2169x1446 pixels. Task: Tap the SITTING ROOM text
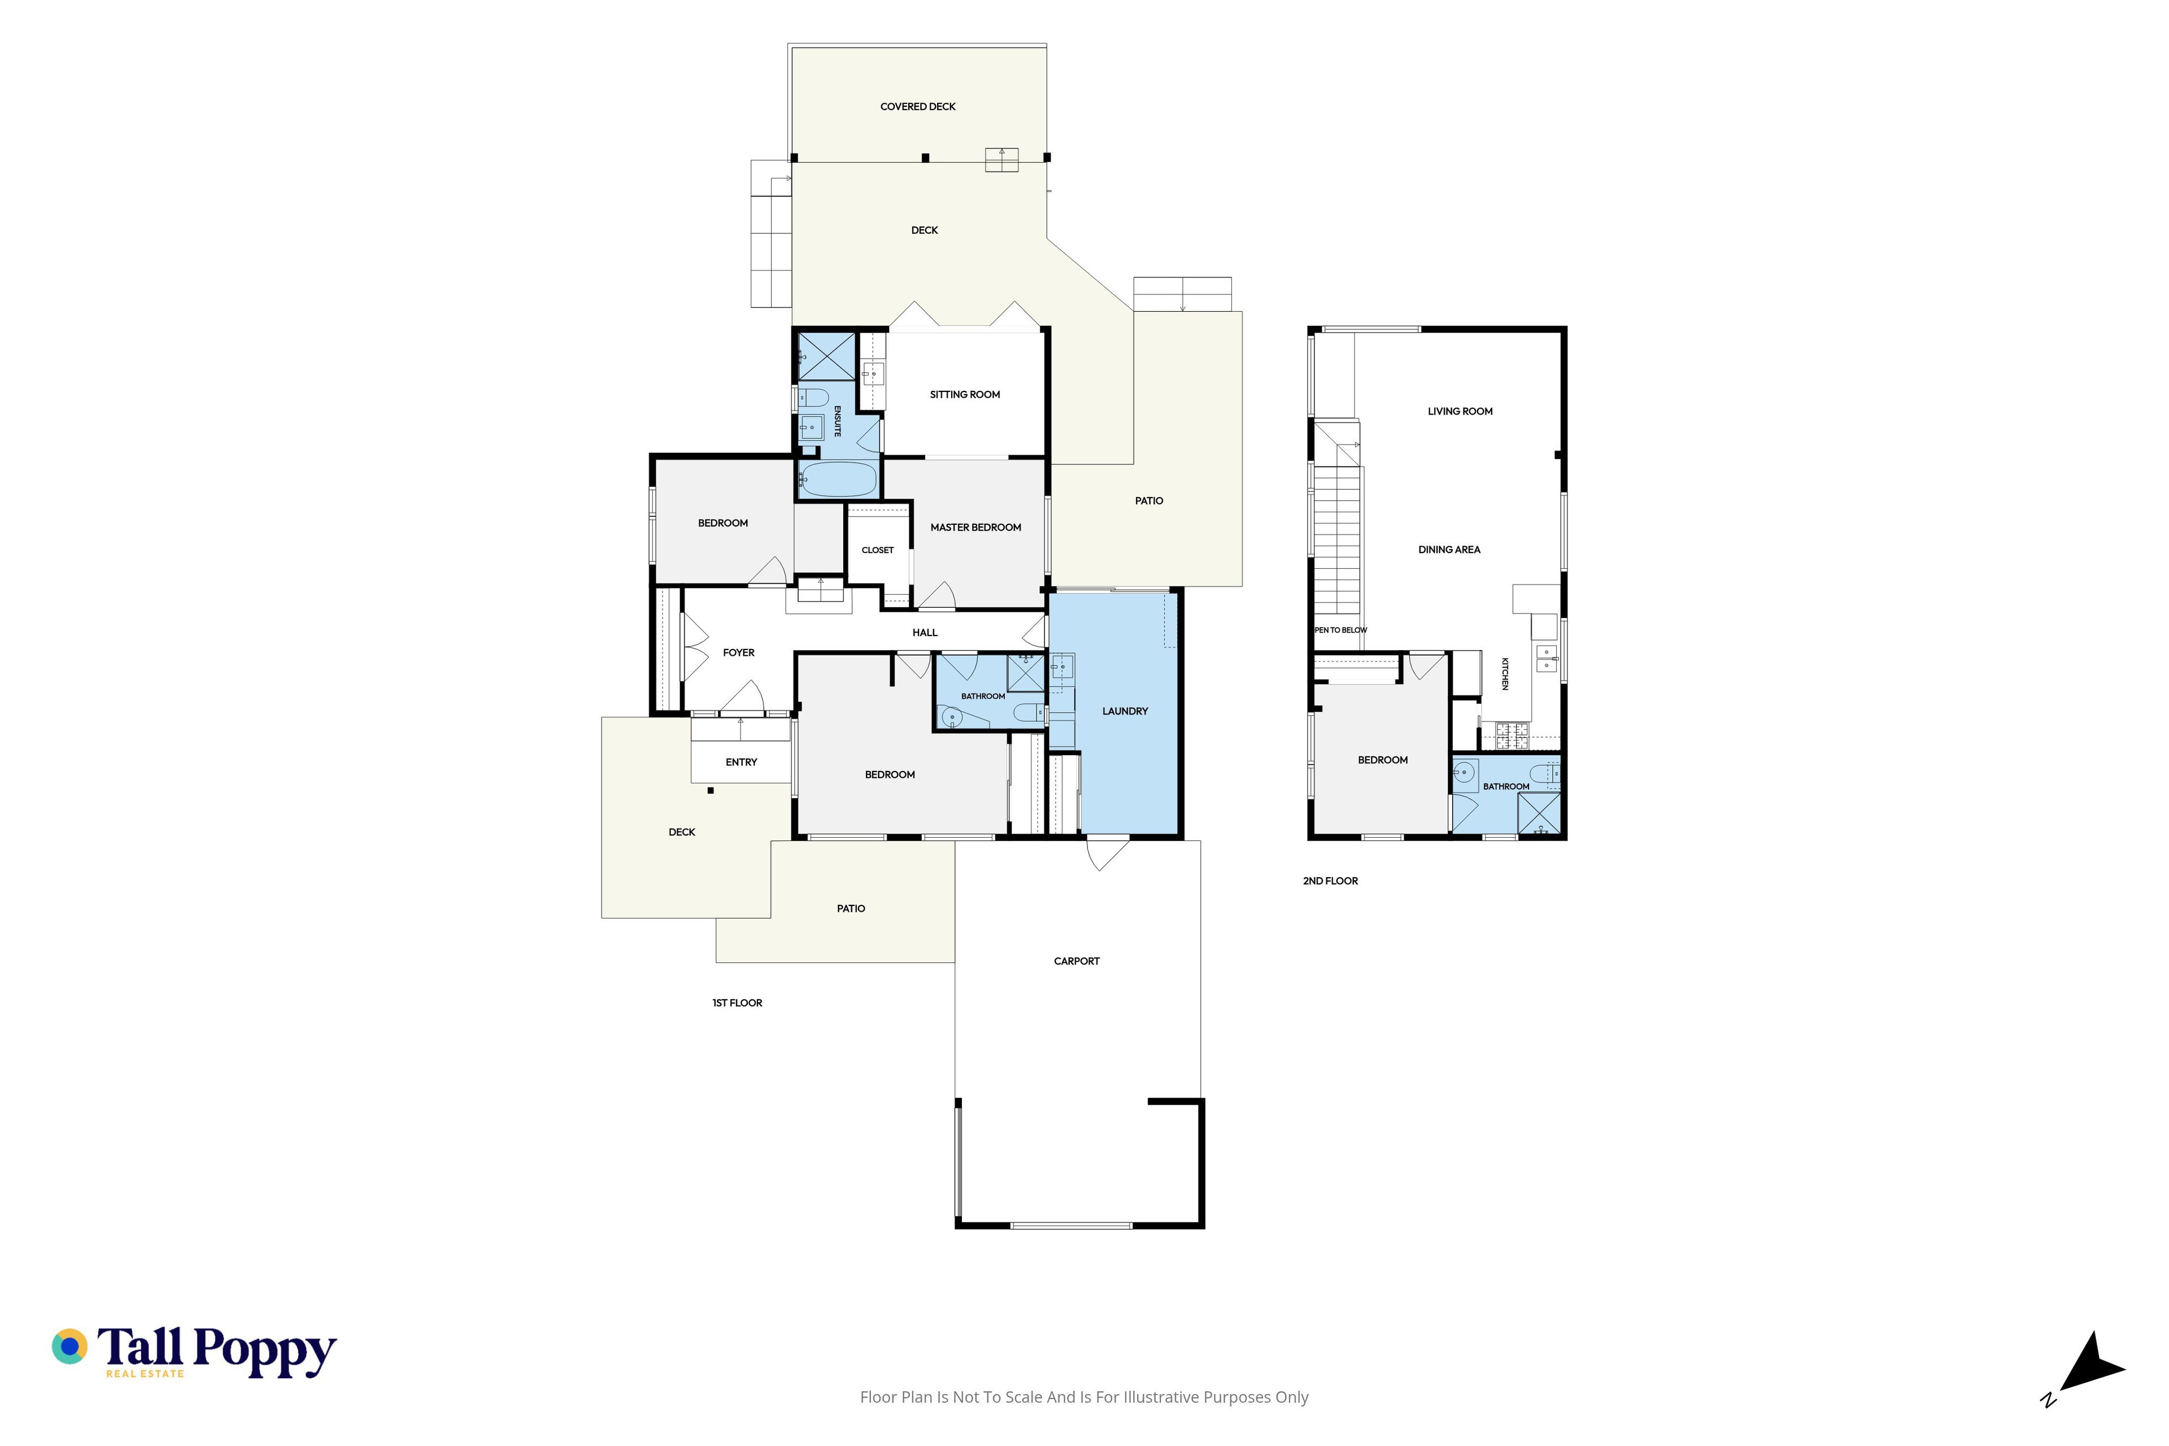coord(965,395)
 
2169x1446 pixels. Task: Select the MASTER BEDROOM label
coord(975,528)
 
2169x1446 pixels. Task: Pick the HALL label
coord(925,633)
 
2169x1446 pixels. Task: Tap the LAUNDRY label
coord(1125,711)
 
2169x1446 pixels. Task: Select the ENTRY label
coord(742,762)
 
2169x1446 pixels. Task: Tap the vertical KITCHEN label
coord(1505,673)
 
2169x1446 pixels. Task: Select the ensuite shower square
coord(826,356)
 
